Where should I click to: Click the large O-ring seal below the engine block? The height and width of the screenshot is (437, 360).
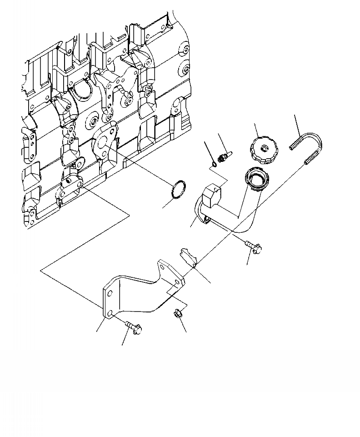180,190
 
